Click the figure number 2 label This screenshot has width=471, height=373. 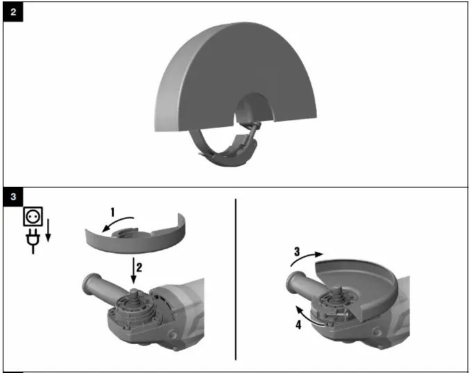click(x=13, y=13)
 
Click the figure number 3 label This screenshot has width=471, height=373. click(x=13, y=197)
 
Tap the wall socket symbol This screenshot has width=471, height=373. click(x=32, y=217)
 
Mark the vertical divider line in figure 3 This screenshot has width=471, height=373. click(x=236, y=278)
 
